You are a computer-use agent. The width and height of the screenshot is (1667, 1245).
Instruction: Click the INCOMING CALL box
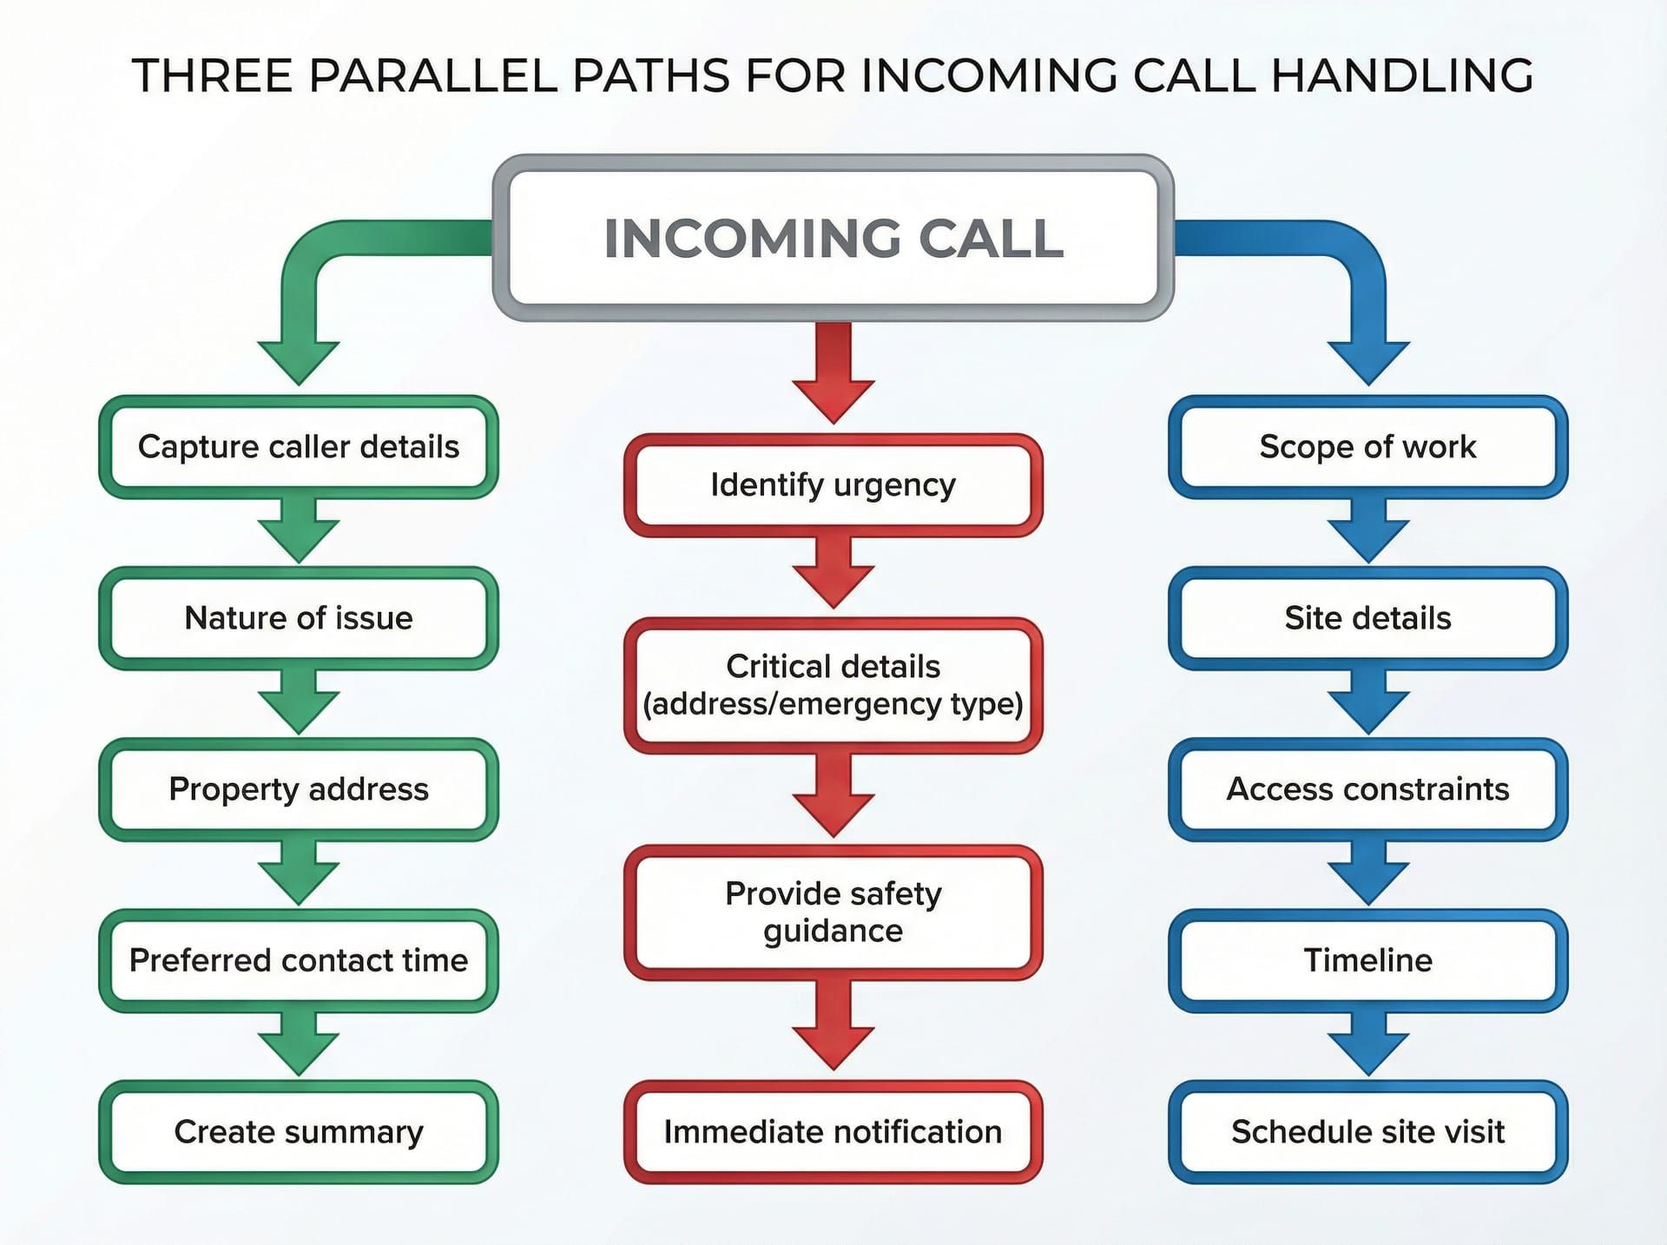point(833,238)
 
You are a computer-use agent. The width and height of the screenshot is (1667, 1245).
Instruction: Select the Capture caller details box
point(298,447)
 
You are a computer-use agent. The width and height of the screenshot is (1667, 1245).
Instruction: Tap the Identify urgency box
point(833,484)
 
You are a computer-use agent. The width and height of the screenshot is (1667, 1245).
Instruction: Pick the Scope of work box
point(1367,447)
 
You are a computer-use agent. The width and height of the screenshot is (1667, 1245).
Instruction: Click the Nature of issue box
point(298,618)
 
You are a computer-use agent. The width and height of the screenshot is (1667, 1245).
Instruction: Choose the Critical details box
point(833,685)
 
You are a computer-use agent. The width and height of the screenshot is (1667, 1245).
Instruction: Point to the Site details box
point(1367,618)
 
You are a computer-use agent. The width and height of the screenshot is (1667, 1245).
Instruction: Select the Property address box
point(298,789)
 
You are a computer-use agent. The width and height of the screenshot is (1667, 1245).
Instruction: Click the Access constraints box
point(1367,789)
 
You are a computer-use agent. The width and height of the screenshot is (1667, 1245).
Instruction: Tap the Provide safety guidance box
point(833,912)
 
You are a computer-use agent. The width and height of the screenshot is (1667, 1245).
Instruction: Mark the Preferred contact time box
point(298,960)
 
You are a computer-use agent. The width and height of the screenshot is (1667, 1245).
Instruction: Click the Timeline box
point(1367,960)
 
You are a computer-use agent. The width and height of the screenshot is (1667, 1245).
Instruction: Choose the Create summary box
point(298,1131)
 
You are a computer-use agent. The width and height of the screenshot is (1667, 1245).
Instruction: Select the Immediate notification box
point(833,1131)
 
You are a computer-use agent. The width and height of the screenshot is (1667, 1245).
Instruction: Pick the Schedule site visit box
point(1367,1131)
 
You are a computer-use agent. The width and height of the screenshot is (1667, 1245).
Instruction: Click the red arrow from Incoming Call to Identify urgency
point(833,373)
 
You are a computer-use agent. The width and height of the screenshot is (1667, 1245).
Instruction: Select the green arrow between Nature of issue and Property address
point(298,702)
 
